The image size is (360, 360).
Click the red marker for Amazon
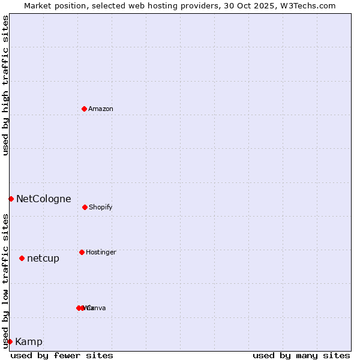pos(85,109)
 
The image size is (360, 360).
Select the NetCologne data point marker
pos(11,199)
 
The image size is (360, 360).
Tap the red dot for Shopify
pos(85,207)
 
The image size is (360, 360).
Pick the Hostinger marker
pos(82,252)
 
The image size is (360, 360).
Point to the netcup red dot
pos(22,258)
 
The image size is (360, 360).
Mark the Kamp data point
pos(10,341)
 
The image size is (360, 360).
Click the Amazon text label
pos(101,109)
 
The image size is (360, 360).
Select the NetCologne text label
pos(43,199)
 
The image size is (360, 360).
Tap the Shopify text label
pos(101,208)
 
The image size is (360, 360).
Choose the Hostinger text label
pos(101,253)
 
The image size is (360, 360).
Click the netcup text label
pos(43,259)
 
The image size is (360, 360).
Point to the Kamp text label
pos(29,342)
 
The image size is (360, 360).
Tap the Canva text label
pos(97,308)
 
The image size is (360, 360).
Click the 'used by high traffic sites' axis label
pos(5,85)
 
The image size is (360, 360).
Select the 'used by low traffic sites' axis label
pos(5,280)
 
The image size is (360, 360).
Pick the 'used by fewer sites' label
pos(62,356)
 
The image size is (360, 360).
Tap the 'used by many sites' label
pos(301,356)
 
